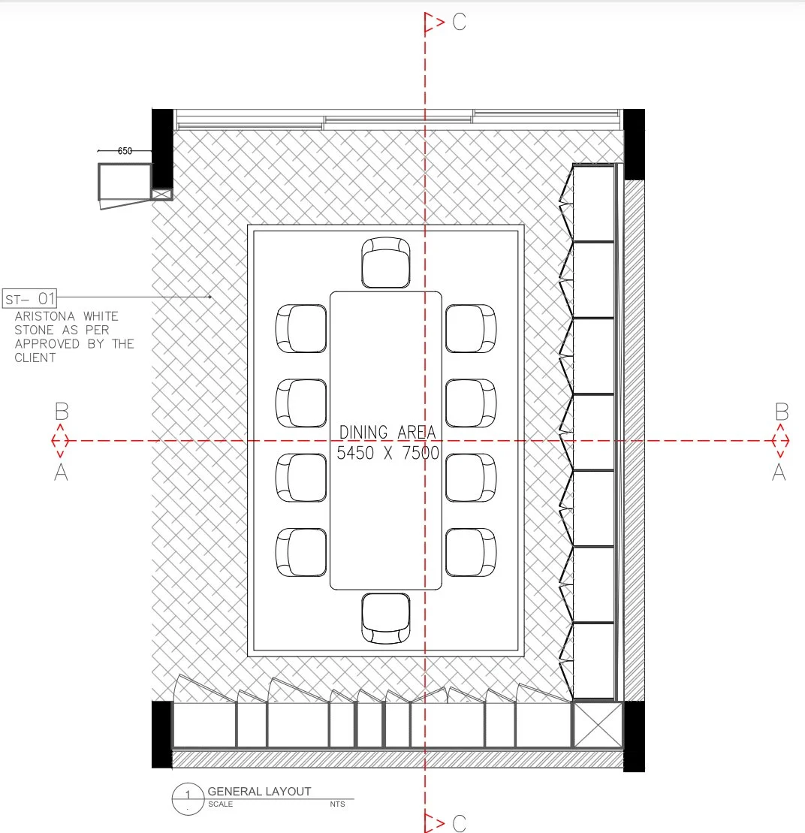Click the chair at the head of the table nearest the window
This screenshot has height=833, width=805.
(x=386, y=262)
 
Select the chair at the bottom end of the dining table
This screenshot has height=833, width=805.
(x=386, y=618)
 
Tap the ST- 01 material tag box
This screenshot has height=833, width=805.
(x=30, y=298)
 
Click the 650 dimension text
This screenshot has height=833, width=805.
(x=125, y=151)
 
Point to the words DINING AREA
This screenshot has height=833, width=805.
(x=387, y=433)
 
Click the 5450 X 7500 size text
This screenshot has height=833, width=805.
(x=387, y=453)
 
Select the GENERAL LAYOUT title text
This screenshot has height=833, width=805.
(x=259, y=792)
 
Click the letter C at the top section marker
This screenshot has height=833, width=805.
(x=460, y=22)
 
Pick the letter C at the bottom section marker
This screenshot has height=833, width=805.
(x=460, y=823)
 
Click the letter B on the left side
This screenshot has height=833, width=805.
(x=62, y=412)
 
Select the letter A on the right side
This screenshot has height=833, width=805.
(x=779, y=472)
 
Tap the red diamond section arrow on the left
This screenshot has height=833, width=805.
(x=60, y=440)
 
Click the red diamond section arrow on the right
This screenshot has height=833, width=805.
(x=780, y=440)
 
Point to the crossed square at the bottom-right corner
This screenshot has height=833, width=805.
(x=598, y=725)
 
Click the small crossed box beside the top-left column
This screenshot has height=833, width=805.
(x=162, y=195)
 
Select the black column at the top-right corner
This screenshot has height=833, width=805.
(x=634, y=144)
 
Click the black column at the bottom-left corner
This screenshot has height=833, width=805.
(x=162, y=735)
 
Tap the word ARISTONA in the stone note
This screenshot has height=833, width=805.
(x=44, y=316)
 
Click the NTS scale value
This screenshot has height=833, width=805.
(x=337, y=804)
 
